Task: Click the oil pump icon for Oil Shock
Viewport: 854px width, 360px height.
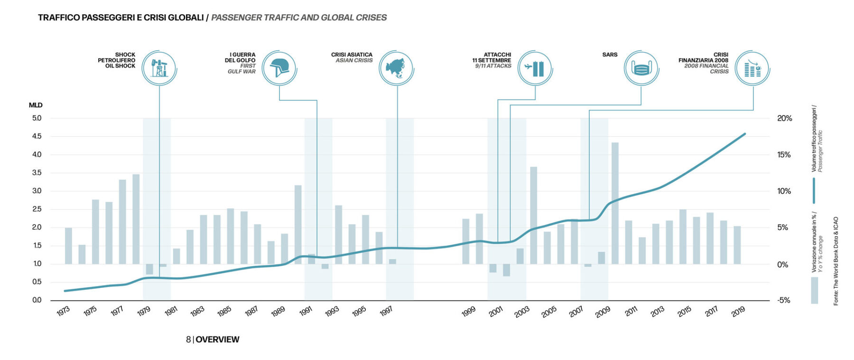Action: click(159, 68)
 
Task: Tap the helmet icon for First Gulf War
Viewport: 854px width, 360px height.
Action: click(279, 68)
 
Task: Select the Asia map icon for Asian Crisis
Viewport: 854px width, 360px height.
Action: click(396, 68)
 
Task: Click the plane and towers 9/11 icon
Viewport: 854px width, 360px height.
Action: click(535, 68)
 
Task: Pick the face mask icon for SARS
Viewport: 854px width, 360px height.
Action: click(641, 68)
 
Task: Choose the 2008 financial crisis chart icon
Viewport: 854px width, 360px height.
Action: click(752, 68)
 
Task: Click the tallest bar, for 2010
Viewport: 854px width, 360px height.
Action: click(615, 203)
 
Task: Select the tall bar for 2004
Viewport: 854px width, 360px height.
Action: click(534, 215)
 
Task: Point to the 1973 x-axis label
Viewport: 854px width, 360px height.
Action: click(63, 311)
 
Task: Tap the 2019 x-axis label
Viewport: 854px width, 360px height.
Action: click(738, 312)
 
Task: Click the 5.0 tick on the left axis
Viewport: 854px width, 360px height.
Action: click(37, 118)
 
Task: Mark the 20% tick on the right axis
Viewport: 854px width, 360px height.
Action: click(784, 118)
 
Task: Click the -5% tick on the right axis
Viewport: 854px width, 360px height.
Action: click(783, 300)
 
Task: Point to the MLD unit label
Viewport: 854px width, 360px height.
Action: click(36, 105)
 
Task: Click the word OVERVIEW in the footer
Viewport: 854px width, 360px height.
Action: click(217, 340)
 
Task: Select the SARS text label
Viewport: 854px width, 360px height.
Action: click(610, 55)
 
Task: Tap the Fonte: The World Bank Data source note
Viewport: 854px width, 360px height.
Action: click(836, 261)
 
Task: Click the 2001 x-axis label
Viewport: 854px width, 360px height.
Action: click(496, 312)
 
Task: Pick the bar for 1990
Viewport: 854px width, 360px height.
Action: click(298, 224)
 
